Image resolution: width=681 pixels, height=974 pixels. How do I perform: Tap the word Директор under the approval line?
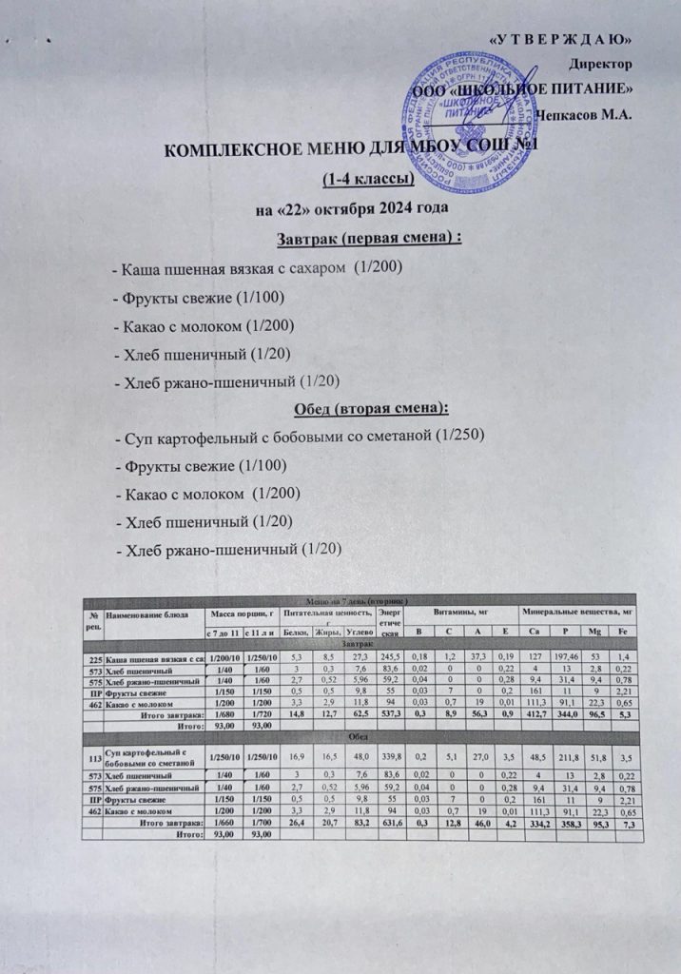pyautogui.click(x=600, y=65)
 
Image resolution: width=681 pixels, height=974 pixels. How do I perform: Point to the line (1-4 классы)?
pyautogui.click(x=367, y=179)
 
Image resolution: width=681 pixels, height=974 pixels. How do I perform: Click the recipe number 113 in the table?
pyautogui.click(x=93, y=759)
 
